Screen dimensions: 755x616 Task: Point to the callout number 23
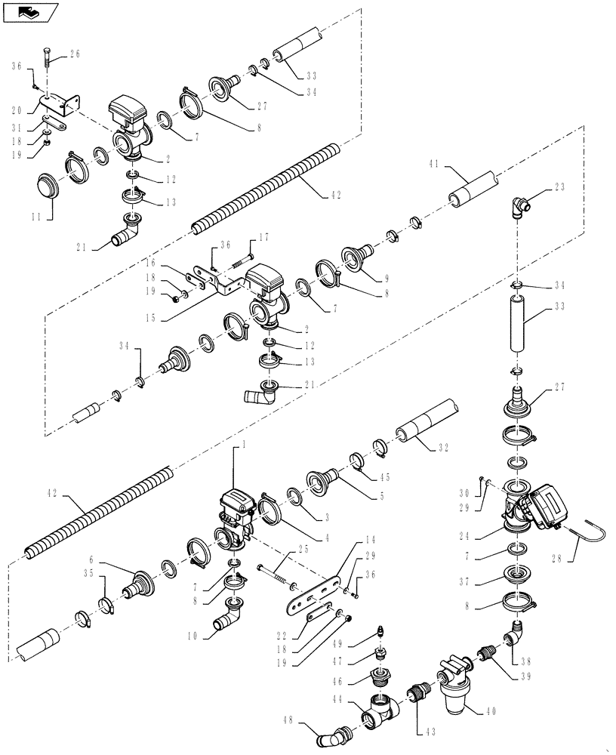[580, 186]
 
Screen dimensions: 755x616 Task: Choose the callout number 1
[243, 447]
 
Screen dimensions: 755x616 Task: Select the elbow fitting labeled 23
[520, 205]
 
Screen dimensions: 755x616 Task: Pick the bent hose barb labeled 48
[334, 733]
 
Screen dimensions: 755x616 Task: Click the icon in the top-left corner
[30, 12]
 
